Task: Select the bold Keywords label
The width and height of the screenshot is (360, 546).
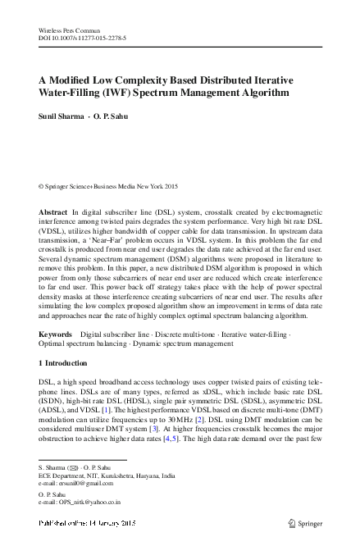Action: [57, 334]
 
